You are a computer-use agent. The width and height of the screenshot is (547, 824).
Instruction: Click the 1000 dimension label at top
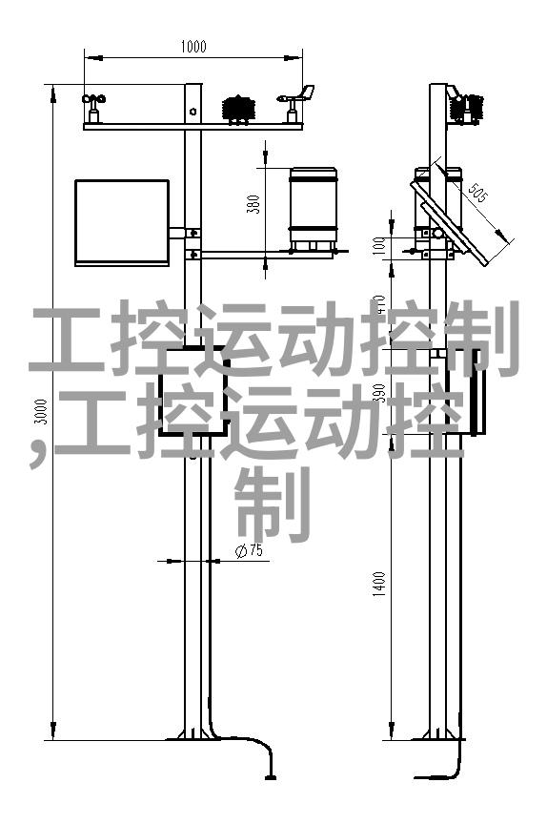pos(193,46)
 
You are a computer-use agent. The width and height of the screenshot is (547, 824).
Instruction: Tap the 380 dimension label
pos(253,204)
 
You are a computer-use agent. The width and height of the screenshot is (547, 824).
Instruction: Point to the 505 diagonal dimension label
pos(477,193)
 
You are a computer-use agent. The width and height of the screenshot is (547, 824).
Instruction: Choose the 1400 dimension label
pos(379,584)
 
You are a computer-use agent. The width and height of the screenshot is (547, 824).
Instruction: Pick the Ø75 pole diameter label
pos(249,550)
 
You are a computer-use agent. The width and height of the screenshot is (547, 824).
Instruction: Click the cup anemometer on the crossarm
pos(93,108)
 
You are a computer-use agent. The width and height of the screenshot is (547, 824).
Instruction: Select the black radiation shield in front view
pos(239,110)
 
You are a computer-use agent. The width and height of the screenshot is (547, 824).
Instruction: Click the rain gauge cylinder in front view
pos(314,209)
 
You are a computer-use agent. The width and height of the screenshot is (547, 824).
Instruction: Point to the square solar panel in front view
pos(122,223)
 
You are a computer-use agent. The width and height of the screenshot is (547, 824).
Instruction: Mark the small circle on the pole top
pos(193,111)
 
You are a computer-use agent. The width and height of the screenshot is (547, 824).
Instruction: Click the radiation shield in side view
pos(467,109)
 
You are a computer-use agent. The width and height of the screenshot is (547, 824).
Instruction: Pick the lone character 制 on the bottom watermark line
pos(273,505)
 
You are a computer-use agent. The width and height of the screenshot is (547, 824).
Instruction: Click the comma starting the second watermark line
pos(37,455)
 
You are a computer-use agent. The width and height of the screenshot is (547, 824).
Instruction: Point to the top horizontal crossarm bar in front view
pos(193,126)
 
